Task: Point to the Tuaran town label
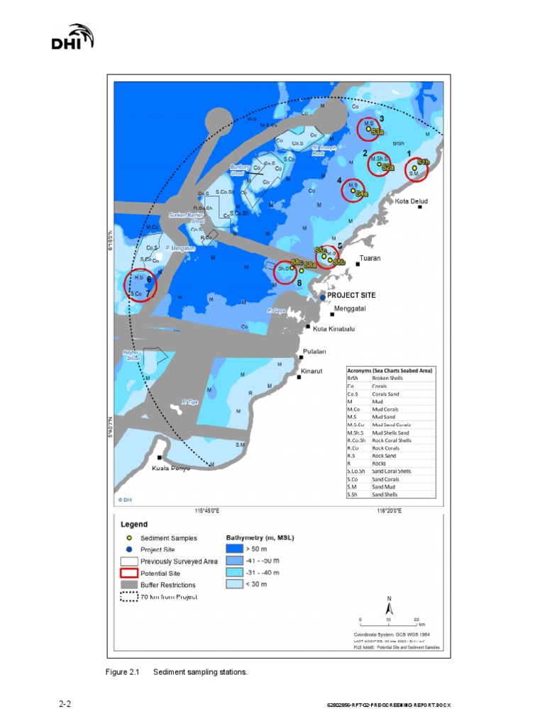[370, 258]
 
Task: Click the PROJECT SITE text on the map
[351, 295]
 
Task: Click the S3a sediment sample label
[378, 132]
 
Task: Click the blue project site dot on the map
[322, 298]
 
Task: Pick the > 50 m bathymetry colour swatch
[234, 549]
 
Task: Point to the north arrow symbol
[389, 607]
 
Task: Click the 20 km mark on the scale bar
[416, 619]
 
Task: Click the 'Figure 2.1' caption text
[124, 671]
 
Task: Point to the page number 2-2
[65, 704]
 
